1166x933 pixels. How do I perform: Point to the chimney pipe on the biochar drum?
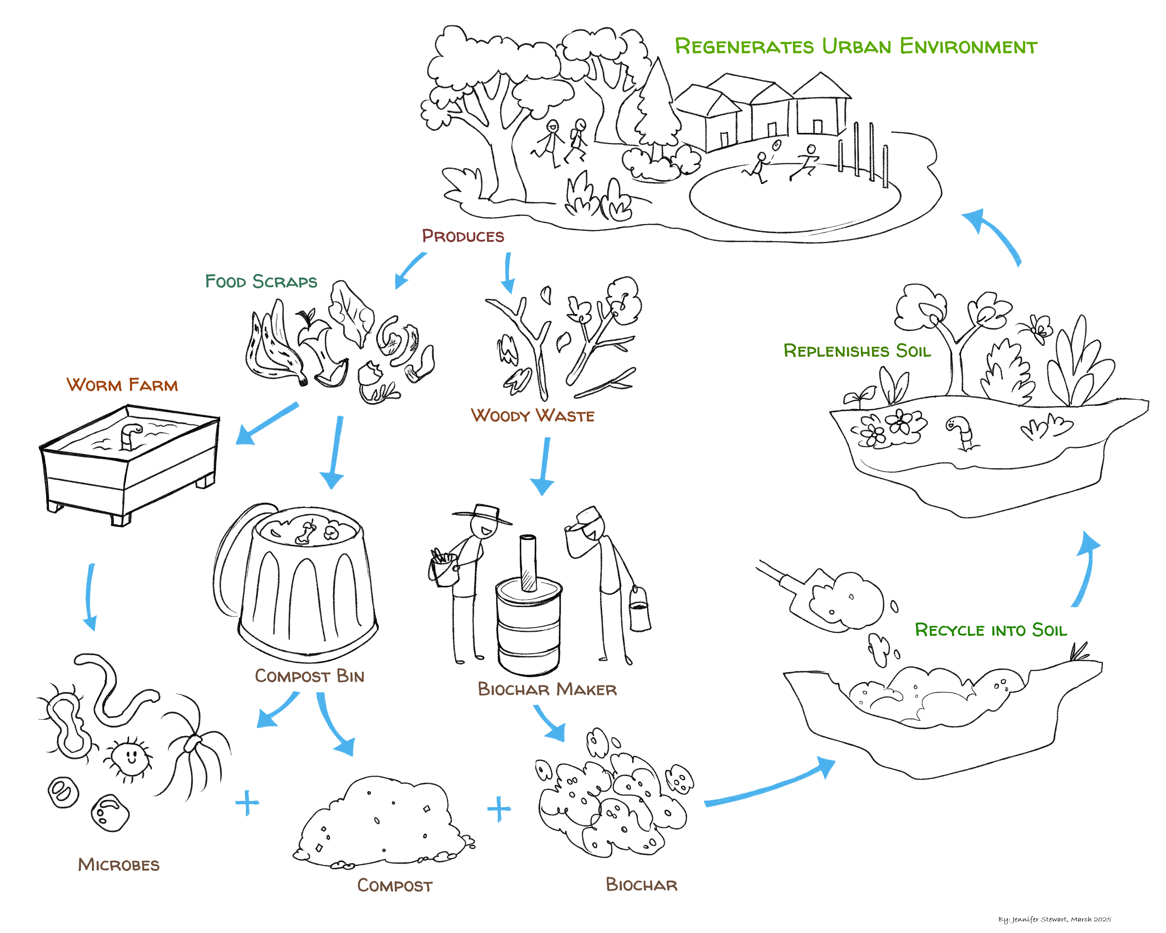click(x=528, y=562)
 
